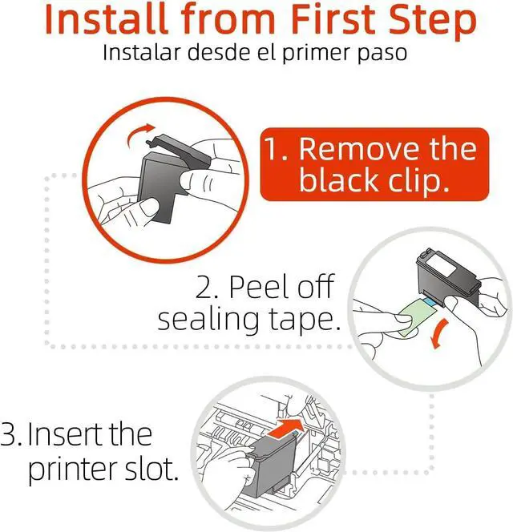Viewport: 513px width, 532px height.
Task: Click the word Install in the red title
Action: click(x=106, y=18)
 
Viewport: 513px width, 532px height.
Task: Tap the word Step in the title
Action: click(x=433, y=22)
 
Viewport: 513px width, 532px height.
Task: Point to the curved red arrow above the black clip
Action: click(x=139, y=134)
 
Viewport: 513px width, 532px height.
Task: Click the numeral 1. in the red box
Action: click(x=276, y=148)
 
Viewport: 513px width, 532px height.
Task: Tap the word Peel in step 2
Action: click(x=260, y=287)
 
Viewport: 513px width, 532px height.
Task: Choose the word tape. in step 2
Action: click(x=305, y=320)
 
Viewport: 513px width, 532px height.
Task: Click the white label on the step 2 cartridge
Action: click(x=441, y=265)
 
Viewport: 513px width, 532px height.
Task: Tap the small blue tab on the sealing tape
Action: click(x=430, y=301)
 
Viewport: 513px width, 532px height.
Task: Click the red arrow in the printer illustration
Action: click(x=285, y=427)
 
